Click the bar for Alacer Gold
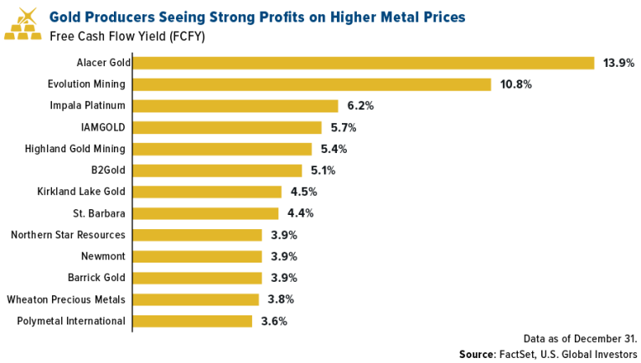point(364,63)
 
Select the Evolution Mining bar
point(313,84)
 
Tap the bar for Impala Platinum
point(235,106)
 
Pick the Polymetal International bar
point(193,320)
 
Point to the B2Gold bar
point(218,171)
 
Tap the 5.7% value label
point(344,128)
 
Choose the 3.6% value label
point(274,320)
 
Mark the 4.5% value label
point(303,192)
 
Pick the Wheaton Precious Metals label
point(66,299)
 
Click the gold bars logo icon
point(23,25)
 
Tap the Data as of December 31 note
point(580,338)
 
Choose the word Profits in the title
point(270,17)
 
